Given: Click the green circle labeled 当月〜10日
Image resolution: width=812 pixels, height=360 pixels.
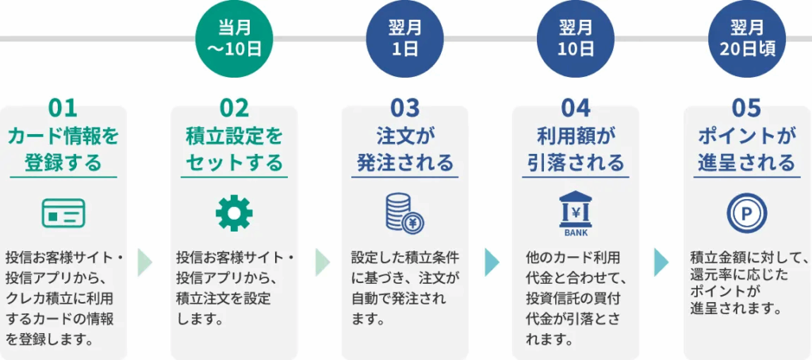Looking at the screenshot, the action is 234,39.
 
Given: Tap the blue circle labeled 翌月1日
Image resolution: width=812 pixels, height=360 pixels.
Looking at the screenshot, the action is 405,39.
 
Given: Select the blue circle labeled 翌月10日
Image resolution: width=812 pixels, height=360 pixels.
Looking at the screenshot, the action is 576,39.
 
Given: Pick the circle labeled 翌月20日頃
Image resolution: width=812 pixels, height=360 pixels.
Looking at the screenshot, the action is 747,39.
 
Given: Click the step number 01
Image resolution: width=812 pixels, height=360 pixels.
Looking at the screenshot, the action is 63,109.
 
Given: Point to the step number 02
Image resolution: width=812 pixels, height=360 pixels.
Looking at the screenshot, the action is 234,109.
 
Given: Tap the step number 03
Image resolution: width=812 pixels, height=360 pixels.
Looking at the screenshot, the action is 405,109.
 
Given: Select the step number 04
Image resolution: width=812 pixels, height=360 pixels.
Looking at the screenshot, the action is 576,109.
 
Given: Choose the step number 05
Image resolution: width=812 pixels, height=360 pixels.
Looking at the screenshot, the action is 747,109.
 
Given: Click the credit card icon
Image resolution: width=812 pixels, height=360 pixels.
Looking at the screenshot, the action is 63,213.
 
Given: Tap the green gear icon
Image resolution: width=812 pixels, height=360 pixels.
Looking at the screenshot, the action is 234,213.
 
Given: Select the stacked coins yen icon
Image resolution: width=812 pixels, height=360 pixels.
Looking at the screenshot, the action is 405,213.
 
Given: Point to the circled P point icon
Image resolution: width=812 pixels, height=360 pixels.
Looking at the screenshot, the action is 747,213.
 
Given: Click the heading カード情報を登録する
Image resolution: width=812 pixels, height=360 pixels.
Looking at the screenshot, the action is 63,150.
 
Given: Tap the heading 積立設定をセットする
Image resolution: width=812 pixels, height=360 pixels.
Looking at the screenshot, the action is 234,150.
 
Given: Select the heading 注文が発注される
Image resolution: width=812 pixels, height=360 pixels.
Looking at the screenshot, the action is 405,150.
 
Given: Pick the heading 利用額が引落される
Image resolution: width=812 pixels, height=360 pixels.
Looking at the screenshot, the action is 576,150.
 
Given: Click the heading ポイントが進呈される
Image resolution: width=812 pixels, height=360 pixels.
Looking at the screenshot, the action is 747,150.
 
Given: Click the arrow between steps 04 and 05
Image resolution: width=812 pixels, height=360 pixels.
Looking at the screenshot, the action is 661,262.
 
